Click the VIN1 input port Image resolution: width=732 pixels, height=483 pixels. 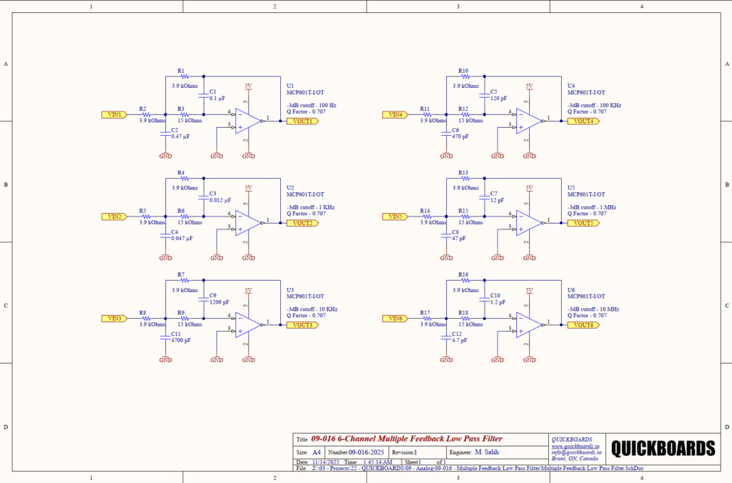pyautogui.click(x=114, y=114)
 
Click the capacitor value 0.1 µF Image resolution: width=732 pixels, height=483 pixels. pyautogui.click(x=217, y=98)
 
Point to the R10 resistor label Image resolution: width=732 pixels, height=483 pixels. pyautogui.click(x=463, y=71)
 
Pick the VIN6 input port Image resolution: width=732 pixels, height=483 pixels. pyautogui.click(x=395, y=318)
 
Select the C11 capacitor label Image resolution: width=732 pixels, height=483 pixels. pyautogui.click(x=175, y=334)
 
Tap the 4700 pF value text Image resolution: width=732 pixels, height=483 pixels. pyautogui.click(x=180, y=341)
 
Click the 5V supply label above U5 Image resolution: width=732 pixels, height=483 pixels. pyautogui.click(x=529, y=188)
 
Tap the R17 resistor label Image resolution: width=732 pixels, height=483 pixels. pyautogui.click(x=425, y=313)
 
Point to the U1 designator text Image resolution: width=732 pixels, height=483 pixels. pyautogui.click(x=290, y=85)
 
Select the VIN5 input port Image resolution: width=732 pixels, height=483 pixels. pyautogui.click(x=395, y=216)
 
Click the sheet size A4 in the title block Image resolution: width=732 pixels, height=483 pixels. pyautogui.click(x=317, y=452)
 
